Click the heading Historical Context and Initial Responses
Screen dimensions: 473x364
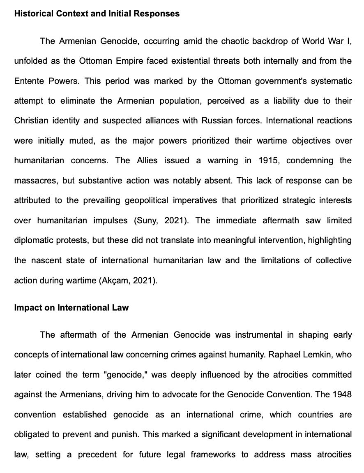(x=97, y=14)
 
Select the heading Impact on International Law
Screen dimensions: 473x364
(x=71, y=308)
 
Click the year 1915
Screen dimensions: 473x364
(x=268, y=160)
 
